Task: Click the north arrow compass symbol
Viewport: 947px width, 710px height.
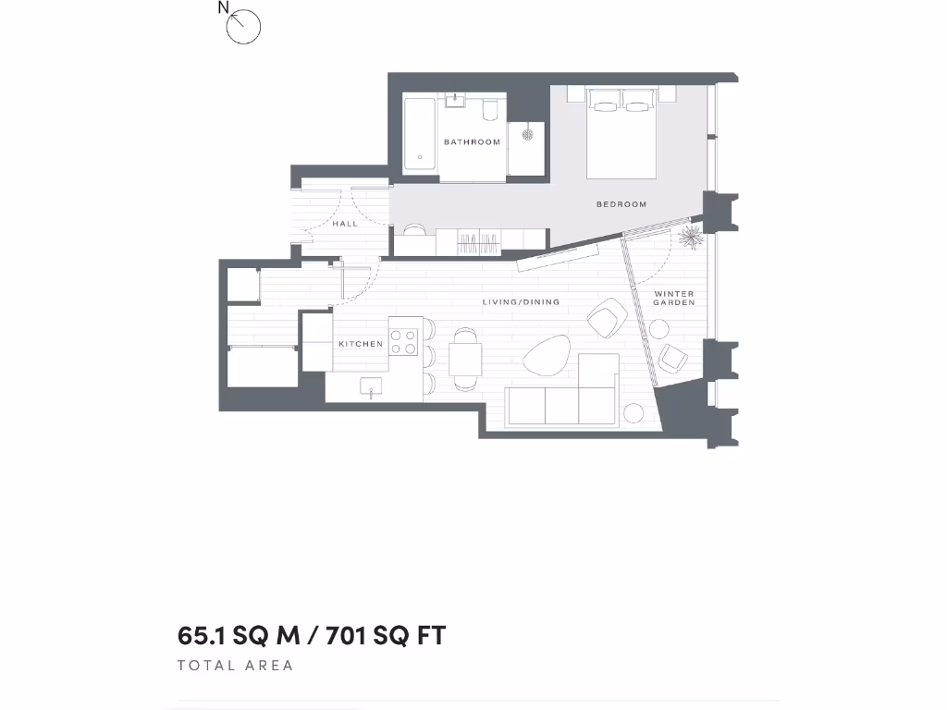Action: tap(243, 26)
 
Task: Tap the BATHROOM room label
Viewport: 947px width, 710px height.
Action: tap(472, 142)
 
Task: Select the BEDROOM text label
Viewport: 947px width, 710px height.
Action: tap(621, 204)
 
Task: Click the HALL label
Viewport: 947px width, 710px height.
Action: tap(345, 224)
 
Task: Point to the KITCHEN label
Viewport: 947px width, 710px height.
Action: tap(361, 344)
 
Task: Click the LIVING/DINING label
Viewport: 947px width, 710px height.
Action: tap(522, 302)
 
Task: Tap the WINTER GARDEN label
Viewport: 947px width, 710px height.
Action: tap(673, 299)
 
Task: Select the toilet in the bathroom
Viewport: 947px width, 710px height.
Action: tap(490, 111)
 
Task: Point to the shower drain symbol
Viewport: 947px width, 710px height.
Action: tap(528, 134)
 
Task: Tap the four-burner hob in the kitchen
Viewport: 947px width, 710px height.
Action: tap(404, 342)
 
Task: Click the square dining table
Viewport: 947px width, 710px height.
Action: tap(465, 357)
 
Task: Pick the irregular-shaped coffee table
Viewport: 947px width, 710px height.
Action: tap(547, 354)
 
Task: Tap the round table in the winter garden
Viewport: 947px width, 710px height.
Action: tap(659, 328)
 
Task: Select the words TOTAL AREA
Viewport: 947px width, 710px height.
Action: tap(235, 666)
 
